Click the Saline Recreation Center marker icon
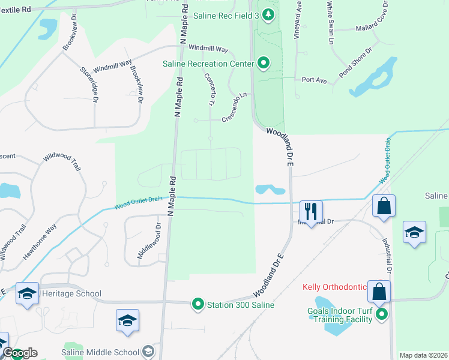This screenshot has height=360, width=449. pyautogui.click(x=263, y=62)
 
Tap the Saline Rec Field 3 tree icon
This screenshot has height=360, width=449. pyautogui.click(x=269, y=14)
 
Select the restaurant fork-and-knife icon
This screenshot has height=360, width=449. pyautogui.click(x=311, y=210)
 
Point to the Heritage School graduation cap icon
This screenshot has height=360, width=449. pyautogui.click(x=27, y=293)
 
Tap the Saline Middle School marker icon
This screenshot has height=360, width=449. pyautogui.click(x=149, y=352)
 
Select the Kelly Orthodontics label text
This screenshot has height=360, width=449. pyautogui.click(x=334, y=288)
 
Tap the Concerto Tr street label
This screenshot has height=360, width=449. pyautogui.click(x=209, y=90)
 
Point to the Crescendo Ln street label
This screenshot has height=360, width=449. pyautogui.click(x=234, y=106)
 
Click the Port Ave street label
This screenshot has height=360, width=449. pyautogui.click(x=313, y=79)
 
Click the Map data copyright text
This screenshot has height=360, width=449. pyautogui.click(x=424, y=355)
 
